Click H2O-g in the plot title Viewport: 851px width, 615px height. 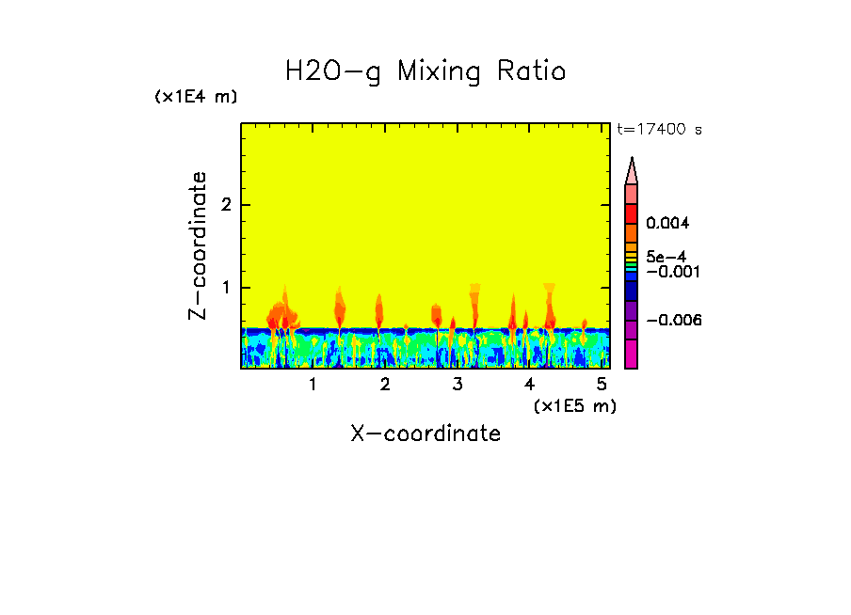click(333, 71)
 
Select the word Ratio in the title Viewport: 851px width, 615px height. click(534, 71)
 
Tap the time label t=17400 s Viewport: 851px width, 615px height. click(659, 130)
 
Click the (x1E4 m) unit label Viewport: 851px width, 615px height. click(196, 97)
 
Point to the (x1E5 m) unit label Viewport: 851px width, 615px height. click(574, 405)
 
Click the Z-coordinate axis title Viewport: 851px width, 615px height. click(198, 245)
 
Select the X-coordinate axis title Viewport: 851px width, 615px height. click(425, 434)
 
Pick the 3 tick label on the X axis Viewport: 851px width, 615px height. click(458, 385)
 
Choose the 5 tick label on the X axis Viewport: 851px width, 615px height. click(602, 385)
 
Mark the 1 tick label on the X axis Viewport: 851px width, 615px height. click(313, 385)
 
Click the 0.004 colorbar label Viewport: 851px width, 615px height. click(668, 224)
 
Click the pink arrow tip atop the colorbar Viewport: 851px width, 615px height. click(632, 171)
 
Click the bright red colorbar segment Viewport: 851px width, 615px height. click(632, 213)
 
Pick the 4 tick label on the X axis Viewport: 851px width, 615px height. click(530, 385)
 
